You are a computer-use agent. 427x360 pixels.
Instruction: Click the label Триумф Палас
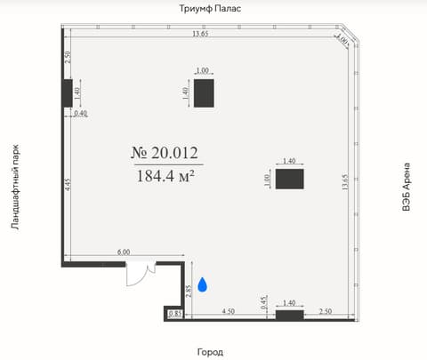click(210, 8)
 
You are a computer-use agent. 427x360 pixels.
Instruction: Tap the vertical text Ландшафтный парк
click(15, 187)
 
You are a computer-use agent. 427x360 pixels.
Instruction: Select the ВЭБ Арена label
click(406, 187)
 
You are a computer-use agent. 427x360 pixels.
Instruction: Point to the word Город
click(210, 352)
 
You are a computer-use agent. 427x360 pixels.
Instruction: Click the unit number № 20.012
click(165, 153)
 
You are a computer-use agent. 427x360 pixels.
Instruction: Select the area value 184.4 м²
click(165, 176)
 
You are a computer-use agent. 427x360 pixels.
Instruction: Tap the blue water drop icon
click(202, 284)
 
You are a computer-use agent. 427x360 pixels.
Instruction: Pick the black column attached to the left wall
click(68, 93)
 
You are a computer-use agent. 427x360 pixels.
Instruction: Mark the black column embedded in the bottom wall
click(290, 316)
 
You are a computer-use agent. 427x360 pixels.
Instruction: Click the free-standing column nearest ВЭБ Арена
click(290, 179)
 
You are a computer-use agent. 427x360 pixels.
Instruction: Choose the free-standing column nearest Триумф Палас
click(204, 93)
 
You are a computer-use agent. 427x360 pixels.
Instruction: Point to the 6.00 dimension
click(124, 252)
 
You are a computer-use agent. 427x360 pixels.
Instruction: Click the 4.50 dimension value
click(229, 311)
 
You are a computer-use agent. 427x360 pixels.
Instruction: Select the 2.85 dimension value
click(189, 291)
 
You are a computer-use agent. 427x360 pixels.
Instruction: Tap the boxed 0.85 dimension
click(175, 314)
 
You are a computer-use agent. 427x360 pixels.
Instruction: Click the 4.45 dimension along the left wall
click(68, 184)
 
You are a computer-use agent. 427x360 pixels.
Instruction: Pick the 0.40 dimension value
click(80, 113)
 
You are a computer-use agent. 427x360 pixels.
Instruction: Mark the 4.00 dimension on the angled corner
click(342, 39)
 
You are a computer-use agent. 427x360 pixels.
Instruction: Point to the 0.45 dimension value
click(264, 302)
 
